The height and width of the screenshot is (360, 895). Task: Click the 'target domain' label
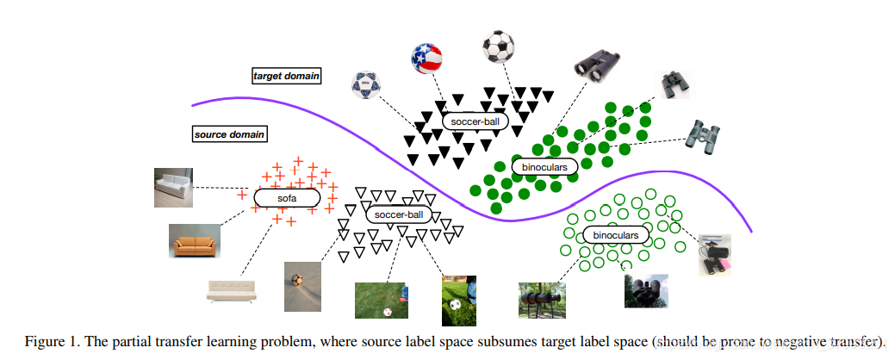click(x=286, y=76)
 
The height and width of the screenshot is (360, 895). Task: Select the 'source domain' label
click(x=229, y=134)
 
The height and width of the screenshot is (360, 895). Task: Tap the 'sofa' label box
click(x=286, y=198)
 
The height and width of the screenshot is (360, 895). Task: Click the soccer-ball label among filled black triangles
click(x=476, y=122)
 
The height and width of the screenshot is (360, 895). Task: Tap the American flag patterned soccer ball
click(x=427, y=58)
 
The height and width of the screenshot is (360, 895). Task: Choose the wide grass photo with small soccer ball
click(x=382, y=300)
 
